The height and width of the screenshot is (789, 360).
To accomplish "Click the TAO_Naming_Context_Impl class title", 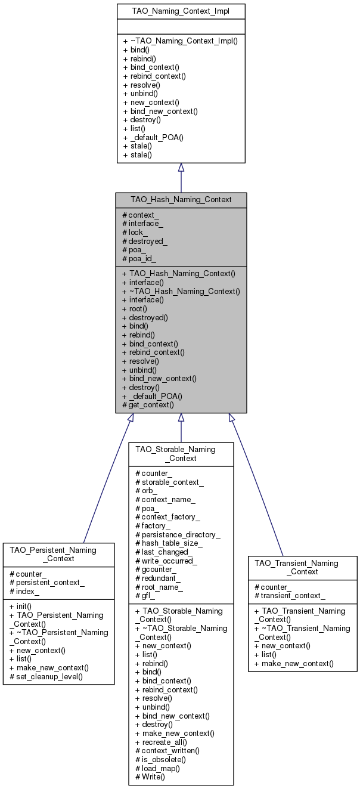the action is pyautogui.click(x=181, y=11).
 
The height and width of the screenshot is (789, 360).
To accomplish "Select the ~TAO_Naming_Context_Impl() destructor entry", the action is pyautogui.click(x=180, y=41).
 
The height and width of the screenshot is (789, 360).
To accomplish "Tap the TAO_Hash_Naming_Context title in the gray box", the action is pyautogui.click(x=181, y=200).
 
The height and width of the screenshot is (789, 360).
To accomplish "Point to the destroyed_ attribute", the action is pyautogui.click(x=145, y=242).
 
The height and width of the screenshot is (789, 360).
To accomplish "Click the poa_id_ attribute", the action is pyautogui.click(x=139, y=259).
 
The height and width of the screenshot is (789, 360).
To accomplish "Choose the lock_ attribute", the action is pyautogui.click(x=135, y=233).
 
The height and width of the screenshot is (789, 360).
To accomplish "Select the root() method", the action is pyautogui.click(x=135, y=309).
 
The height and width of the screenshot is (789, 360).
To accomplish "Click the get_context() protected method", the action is pyautogui.click(x=148, y=405).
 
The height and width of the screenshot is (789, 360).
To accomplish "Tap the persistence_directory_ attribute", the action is pyautogui.click(x=178, y=535).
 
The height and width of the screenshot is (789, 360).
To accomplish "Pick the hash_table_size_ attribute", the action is pyautogui.click(x=169, y=543).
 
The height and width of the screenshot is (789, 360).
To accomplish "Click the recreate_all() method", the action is pyautogui.click(x=161, y=742).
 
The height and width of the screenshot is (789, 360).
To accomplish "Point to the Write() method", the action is pyautogui.click(x=150, y=776).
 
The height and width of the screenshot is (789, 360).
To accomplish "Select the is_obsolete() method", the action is pyautogui.click(x=160, y=760).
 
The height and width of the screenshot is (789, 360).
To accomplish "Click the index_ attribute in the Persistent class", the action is pyautogui.click(x=24, y=592).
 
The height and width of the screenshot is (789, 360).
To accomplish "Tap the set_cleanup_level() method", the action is pyautogui.click(x=46, y=677).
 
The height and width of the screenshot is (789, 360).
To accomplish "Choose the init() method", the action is pyautogui.click(x=20, y=606).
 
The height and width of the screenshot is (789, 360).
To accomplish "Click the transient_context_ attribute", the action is pyautogui.click(x=290, y=596).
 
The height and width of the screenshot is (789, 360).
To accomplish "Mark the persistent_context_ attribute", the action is pyautogui.click(x=47, y=583).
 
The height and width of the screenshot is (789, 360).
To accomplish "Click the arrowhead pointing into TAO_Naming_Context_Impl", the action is pyautogui.click(x=181, y=168).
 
